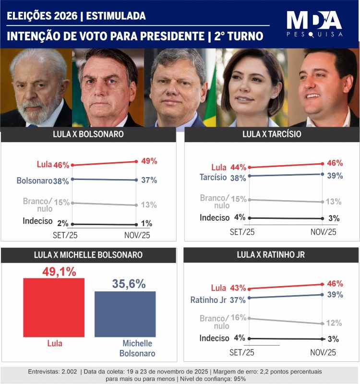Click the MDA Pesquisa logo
pos(314,24)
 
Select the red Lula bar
pos(54,307)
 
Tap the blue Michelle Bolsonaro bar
pos(125,313)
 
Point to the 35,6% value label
pos(129,284)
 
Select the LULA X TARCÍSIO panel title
pos(272,134)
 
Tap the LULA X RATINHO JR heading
pos(272,255)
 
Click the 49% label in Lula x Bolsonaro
pos(149,161)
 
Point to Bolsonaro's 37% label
pos(149,180)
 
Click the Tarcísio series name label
pos(215,177)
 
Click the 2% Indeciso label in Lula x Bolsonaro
pos(63,224)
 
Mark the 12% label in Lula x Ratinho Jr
pos(334,323)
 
